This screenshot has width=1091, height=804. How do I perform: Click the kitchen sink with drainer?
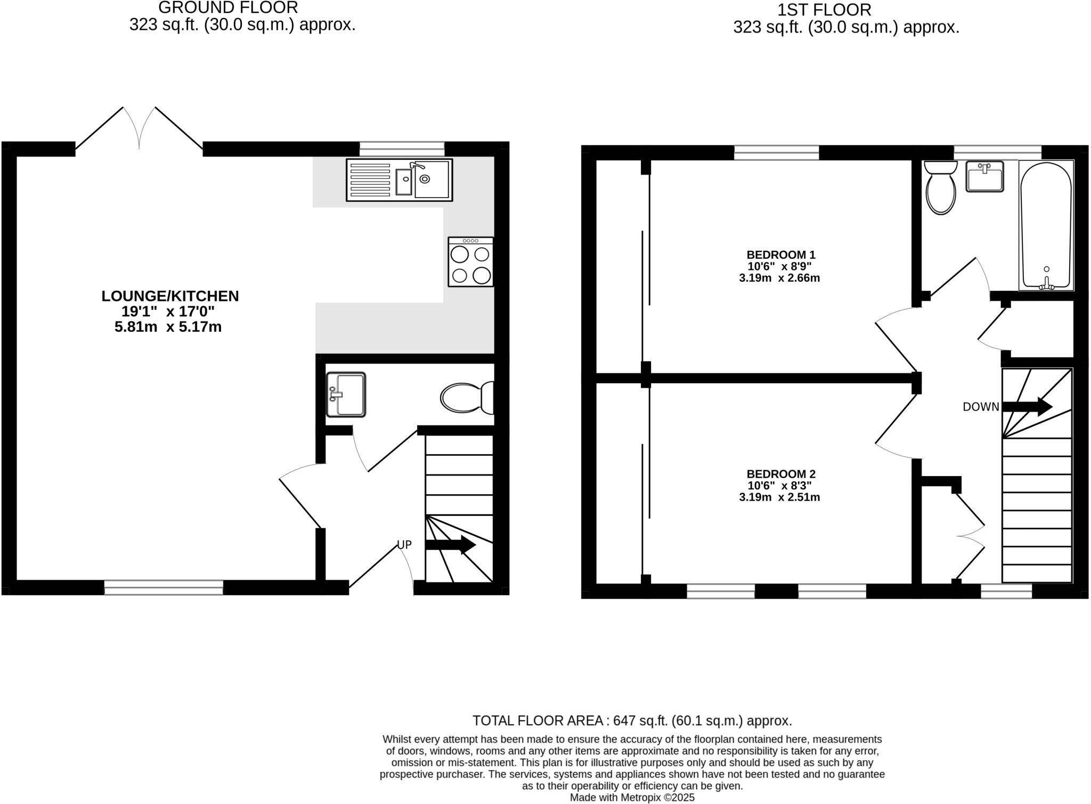click(x=399, y=180)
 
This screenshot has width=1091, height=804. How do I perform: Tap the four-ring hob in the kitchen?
click(x=471, y=262)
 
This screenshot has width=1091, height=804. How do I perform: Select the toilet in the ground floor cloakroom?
click(x=466, y=398)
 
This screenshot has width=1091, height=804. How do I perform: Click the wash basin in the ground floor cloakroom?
click(x=346, y=395)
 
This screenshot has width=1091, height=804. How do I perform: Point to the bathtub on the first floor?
click(x=1046, y=225)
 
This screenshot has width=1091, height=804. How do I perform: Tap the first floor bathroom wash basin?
click(x=984, y=176)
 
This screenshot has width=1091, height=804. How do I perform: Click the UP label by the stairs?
click(x=404, y=545)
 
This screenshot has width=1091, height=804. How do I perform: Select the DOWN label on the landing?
click(x=981, y=407)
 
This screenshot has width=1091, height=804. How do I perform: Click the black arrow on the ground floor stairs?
click(x=450, y=545)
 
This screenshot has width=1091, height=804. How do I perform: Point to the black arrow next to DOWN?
click(x=1027, y=407)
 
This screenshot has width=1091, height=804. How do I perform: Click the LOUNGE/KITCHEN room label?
click(x=170, y=296)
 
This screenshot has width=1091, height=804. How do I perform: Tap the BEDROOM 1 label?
click(x=781, y=255)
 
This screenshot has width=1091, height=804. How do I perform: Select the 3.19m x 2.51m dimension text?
click(x=779, y=498)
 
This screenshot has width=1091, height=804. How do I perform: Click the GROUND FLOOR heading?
click(x=228, y=7)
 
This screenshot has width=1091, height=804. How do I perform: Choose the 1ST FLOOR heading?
click(x=824, y=10)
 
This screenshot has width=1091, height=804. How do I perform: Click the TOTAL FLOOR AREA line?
click(x=632, y=721)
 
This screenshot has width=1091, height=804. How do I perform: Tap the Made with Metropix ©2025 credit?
click(x=632, y=798)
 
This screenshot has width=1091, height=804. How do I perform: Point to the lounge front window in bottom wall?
click(x=164, y=587)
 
